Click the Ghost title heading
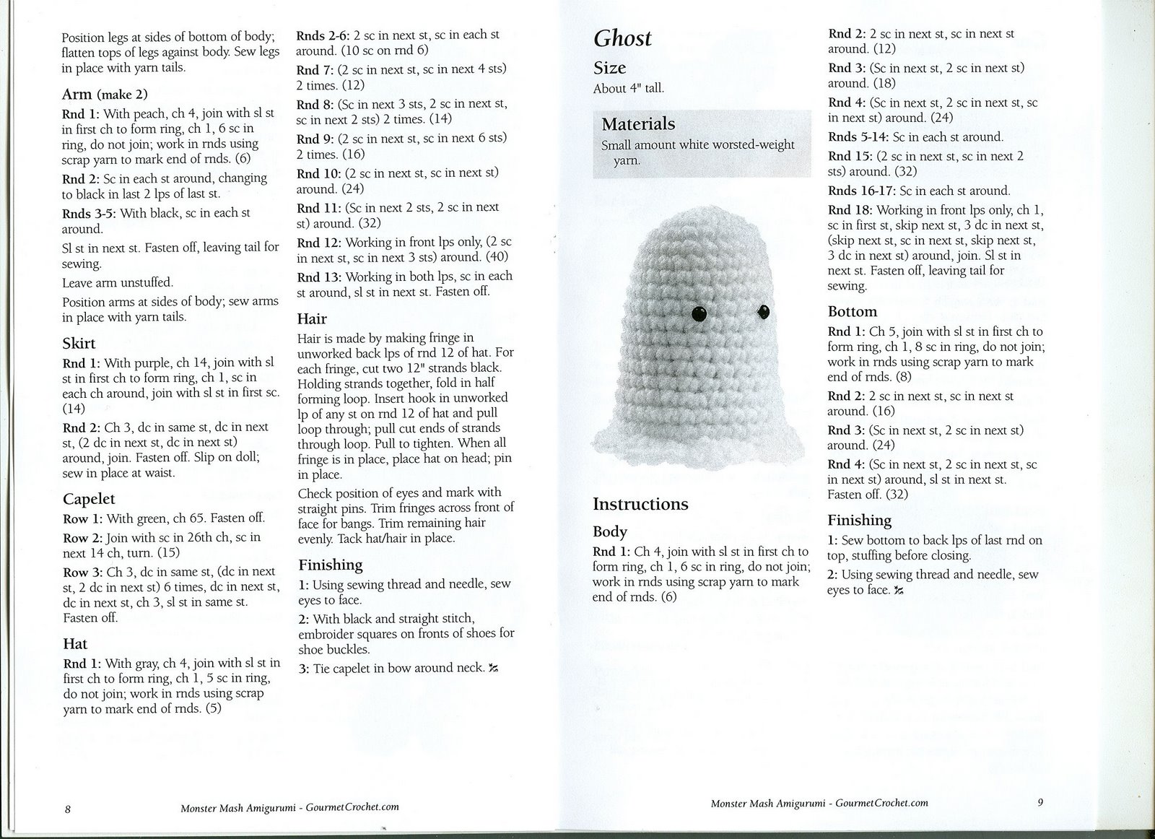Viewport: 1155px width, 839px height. click(x=622, y=38)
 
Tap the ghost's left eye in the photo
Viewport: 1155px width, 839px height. click(x=699, y=313)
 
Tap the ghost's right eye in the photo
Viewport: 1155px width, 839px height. click(x=762, y=312)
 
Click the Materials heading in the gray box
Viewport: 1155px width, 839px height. click(x=638, y=124)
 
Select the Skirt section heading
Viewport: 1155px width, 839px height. click(x=79, y=344)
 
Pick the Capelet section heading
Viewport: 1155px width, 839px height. click(x=89, y=499)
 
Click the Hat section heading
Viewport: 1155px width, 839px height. click(x=75, y=644)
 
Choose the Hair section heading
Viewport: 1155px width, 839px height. click(x=312, y=319)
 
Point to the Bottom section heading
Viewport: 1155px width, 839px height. click(x=852, y=312)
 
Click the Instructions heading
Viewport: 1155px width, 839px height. click(x=640, y=504)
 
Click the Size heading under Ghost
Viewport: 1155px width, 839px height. click(x=609, y=68)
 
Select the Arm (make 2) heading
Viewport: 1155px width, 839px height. click(x=105, y=95)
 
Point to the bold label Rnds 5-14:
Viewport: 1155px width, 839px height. click(x=858, y=136)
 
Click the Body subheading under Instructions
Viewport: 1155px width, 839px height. click(x=610, y=531)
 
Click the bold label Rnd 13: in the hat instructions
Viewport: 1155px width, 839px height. click(x=320, y=277)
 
